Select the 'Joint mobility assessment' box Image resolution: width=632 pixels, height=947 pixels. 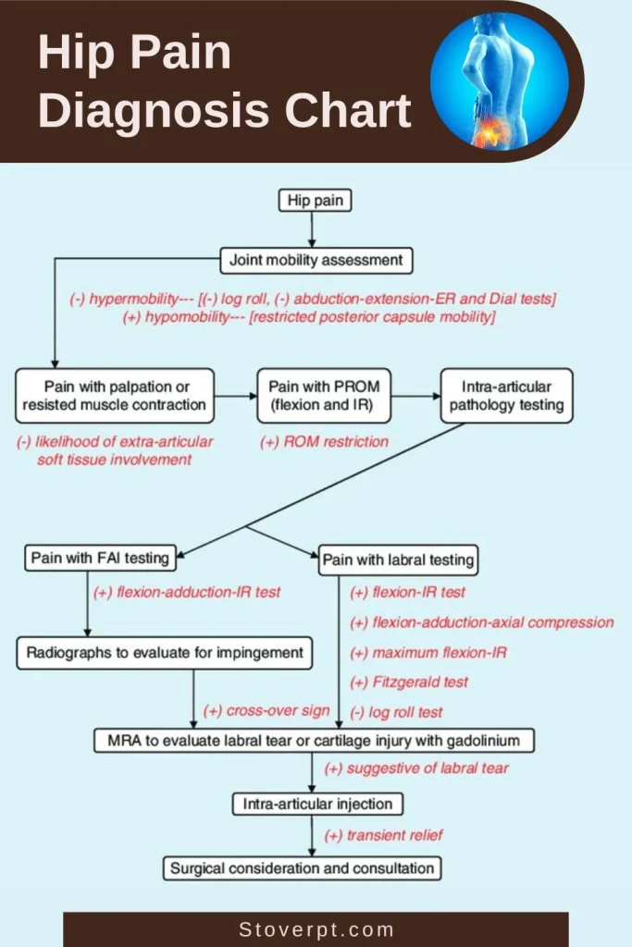coord(316,260)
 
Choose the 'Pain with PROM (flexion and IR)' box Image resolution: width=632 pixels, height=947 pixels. coord(324,395)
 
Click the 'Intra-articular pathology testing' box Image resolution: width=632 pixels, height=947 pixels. coord(504,395)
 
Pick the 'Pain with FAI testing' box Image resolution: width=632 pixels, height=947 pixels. coord(100,558)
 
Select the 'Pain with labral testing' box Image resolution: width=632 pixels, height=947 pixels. coord(398,560)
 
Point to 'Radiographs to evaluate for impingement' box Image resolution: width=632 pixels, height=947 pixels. coord(164,653)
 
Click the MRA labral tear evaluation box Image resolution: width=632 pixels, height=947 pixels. coord(315,740)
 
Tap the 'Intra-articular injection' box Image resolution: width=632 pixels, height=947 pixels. coord(317,804)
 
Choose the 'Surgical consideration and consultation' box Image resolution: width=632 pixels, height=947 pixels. coord(302,868)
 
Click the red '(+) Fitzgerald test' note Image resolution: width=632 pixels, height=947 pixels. coord(408,683)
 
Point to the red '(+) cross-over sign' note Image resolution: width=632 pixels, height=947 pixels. coord(266,711)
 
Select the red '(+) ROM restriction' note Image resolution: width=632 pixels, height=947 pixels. coord(324,442)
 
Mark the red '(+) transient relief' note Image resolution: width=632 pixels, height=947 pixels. coord(383,835)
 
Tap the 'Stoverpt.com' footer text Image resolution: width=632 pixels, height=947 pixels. coord(316,929)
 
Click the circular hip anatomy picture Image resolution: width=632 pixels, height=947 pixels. coord(499,81)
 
